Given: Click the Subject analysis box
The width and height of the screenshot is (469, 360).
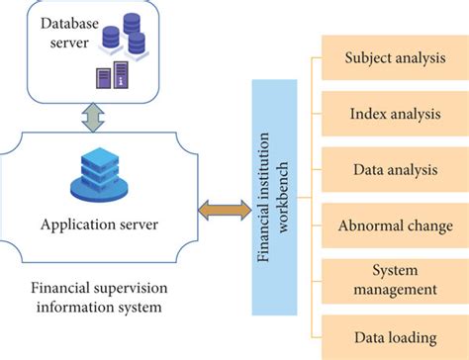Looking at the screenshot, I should (395, 58).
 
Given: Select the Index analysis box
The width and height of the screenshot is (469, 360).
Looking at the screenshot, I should (395, 115).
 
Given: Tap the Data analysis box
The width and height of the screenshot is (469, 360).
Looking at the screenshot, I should (395, 170).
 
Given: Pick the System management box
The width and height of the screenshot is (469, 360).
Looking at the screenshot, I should (395, 280).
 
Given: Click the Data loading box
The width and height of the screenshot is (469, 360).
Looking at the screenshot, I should (395, 336).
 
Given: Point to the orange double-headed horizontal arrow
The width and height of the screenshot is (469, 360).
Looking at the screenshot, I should (225, 209).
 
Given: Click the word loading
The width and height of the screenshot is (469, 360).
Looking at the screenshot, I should (414, 336).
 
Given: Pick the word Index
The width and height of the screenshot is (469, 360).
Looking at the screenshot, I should (368, 115).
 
